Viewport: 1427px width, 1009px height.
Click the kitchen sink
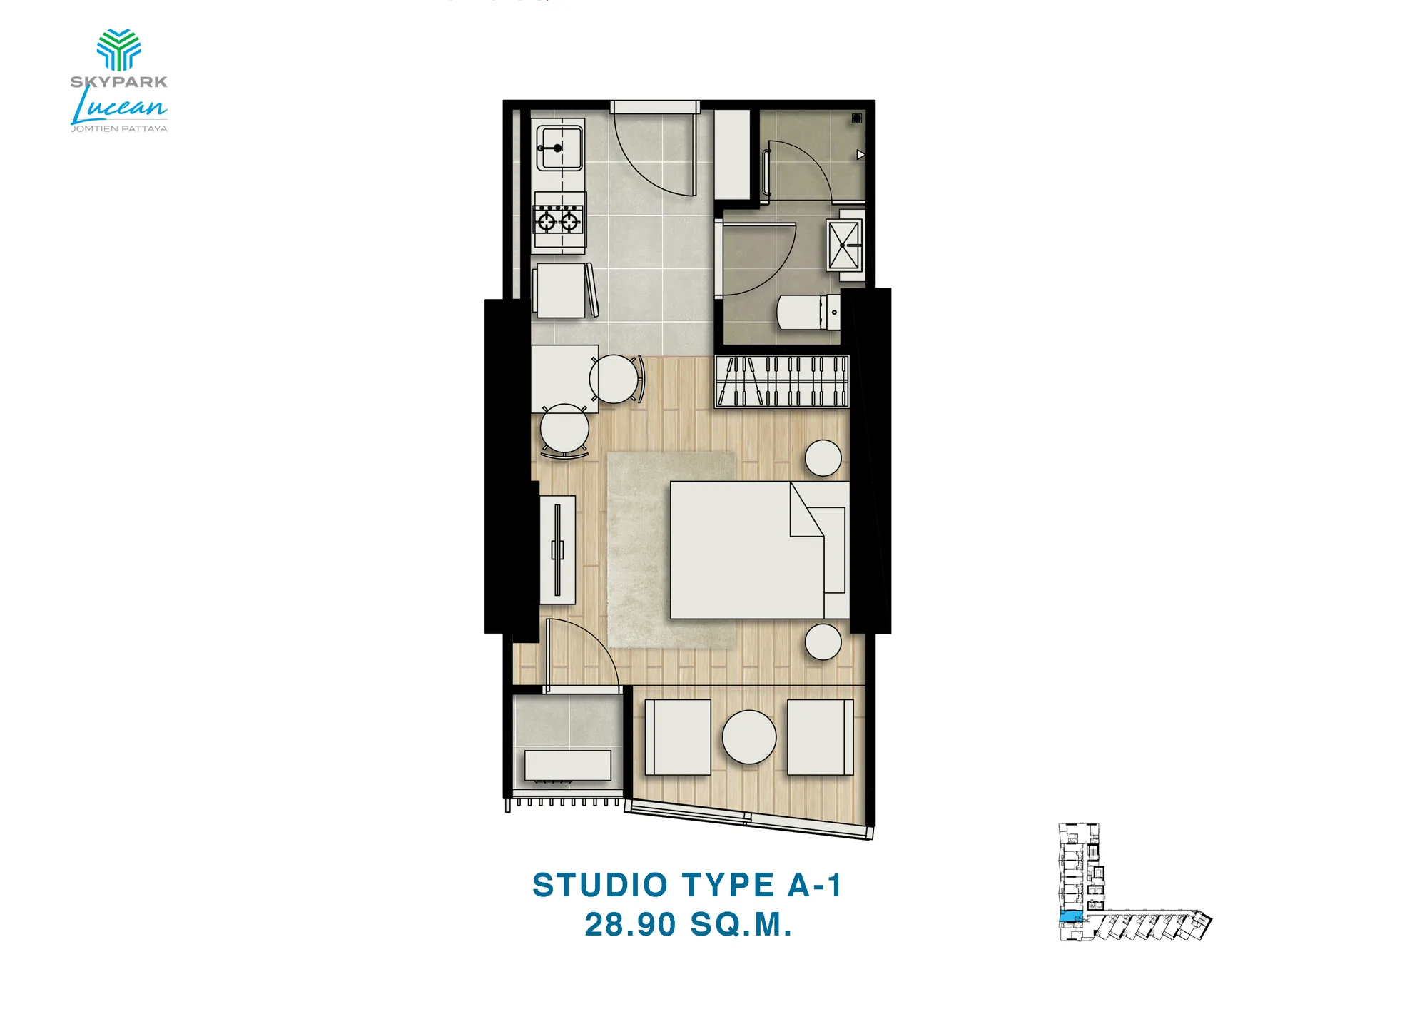559,148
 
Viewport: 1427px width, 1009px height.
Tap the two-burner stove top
559,220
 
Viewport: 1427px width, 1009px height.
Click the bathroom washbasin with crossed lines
844,245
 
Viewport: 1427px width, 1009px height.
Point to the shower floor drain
857,118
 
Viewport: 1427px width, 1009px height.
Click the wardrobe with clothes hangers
782,382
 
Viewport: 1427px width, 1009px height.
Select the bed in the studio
759,550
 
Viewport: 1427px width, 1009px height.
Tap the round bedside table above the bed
823,457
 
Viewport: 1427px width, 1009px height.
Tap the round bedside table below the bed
823,642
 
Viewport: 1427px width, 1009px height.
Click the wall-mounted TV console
557,550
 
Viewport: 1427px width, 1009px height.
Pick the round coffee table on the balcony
749,737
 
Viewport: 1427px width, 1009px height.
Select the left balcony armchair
678,737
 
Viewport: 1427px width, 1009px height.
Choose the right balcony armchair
821,737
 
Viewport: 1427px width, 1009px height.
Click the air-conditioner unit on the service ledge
568,766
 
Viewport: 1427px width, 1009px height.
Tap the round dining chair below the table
564,430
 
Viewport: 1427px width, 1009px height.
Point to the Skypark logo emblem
118,50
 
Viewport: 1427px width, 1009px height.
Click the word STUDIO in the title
600,886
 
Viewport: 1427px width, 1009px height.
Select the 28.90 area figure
630,925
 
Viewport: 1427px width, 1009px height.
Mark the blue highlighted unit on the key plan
1071,918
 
